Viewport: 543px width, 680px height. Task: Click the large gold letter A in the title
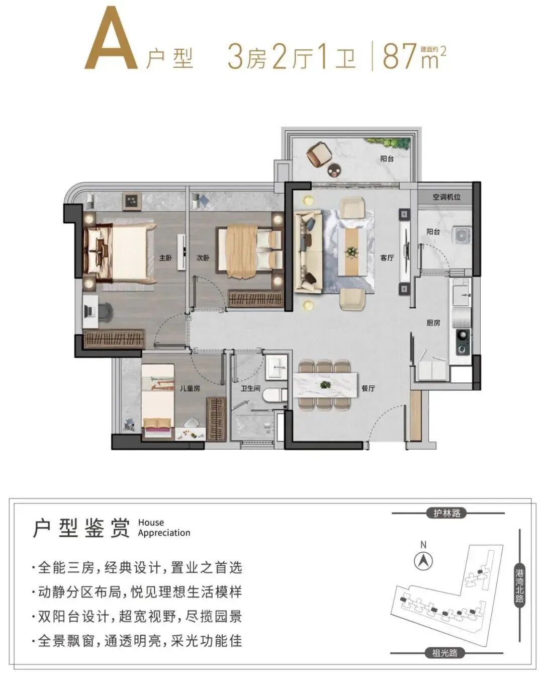click(112, 39)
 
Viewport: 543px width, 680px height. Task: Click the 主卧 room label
click(165, 258)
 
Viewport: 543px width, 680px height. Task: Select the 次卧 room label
click(203, 258)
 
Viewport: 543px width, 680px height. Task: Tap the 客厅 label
click(387, 258)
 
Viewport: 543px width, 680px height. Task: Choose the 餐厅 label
click(368, 388)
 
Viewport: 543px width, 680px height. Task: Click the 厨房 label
click(433, 322)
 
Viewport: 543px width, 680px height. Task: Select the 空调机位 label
click(446, 197)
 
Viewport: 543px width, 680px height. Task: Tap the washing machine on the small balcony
click(461, 234)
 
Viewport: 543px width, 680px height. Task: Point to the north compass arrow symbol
click(423, 560)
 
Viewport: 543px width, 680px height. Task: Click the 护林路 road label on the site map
click(446, 513)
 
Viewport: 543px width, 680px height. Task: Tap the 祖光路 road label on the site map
click(444, 653)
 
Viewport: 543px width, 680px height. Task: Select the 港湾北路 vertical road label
click(519, 585)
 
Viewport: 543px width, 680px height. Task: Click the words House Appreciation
click(164, 528)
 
